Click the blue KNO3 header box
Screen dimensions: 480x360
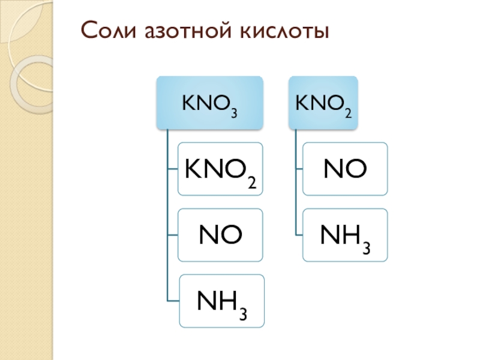[209, 103]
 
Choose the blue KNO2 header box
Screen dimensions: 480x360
[323, 103]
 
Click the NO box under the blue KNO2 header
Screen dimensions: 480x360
[345, 169]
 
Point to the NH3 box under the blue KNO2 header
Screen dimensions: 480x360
[345, 235]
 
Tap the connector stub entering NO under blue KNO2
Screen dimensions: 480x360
[299, 169]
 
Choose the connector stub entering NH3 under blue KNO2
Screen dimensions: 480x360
[299, 235]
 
